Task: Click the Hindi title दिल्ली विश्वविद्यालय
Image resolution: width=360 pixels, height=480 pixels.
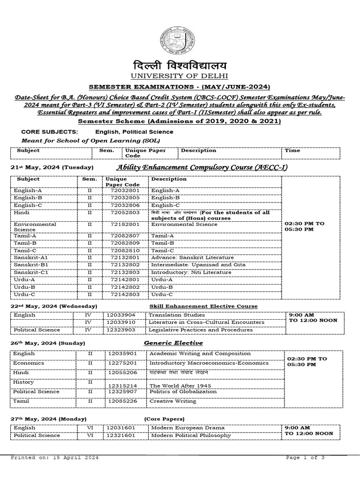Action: [x=179, y=65]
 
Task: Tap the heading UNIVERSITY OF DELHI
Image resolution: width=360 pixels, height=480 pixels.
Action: [x=179, y=76]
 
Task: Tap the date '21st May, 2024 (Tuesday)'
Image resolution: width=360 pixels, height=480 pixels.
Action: [x=52, y=167]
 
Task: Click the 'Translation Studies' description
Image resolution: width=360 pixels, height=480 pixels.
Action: [x=177, y=315]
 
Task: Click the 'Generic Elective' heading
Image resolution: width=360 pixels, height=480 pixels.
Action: [x=167, y=343]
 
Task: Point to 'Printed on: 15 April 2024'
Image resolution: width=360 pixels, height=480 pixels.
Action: [x=54, y=457]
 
